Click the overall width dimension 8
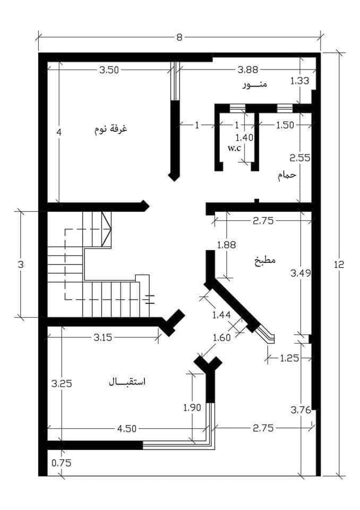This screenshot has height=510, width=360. point(179,37)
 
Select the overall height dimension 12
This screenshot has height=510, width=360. point(339,264)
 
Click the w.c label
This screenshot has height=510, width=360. point(235,148)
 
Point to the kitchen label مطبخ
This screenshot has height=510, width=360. point(265,260)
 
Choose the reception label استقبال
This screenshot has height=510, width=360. point(127,381)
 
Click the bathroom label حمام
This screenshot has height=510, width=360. point(287,175)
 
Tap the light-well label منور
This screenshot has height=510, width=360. point(255,84)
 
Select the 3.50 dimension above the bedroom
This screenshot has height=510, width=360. point(109,70)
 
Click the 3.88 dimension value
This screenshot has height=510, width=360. point(248,69)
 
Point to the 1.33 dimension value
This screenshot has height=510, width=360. point(299,80)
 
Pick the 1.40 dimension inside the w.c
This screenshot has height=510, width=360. point(244,137)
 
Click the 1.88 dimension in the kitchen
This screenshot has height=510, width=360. point(226,244)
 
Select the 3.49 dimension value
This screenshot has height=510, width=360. point(301,273)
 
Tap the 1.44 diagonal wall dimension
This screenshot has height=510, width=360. point(221,315)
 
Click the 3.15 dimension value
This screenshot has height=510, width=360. point(103,337)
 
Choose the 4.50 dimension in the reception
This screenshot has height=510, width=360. point(127,429)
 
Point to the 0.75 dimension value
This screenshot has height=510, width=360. point(62,463)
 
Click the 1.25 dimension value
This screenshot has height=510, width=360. point(289,358)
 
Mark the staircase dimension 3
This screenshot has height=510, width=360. point(21,265)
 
